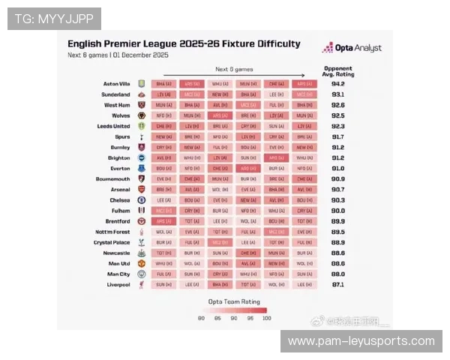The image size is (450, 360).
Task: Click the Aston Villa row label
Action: point(116,84)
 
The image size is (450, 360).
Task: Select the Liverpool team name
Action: point(119,285)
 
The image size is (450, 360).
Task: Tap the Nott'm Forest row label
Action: point(113,232)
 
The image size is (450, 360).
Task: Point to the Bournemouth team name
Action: point(114,179)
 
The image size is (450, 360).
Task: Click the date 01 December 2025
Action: point(141,55)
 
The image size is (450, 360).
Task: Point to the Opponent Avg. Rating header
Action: point(337,71)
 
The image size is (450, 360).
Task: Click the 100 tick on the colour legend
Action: point(267,318)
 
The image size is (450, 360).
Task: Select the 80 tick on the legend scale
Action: point(201,318)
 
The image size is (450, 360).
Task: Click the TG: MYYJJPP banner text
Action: point(53,18)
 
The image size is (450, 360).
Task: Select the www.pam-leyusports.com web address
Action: point(361,341)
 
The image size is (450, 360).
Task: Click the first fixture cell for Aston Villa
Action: point(163,84)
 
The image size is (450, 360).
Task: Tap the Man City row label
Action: point(119,274)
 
